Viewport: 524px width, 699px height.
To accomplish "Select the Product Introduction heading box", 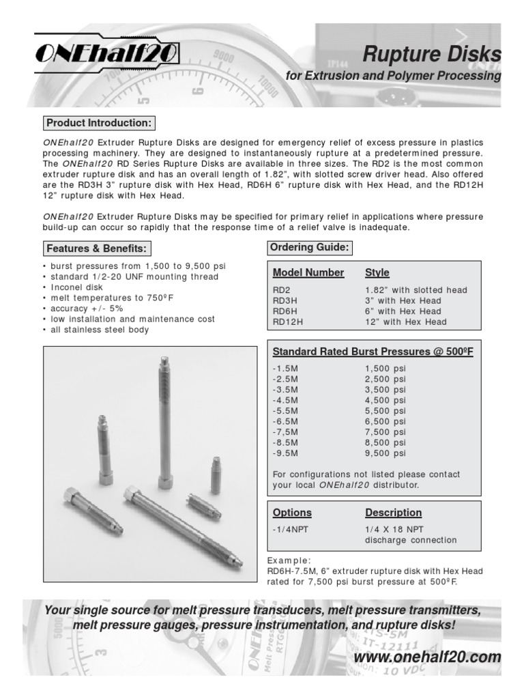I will click(x=99, y=124).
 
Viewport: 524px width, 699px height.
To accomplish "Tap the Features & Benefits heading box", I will click(x=96, y=248).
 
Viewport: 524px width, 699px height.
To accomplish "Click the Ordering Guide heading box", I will click(x=309, y=248).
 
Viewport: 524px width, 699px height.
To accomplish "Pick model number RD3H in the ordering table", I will click(x=285, y=300).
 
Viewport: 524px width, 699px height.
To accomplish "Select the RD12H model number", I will click(x=287, y=322).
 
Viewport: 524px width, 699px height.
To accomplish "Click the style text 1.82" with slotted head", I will click(x=416, y=290).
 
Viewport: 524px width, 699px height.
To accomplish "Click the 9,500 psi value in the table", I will click(x=385, y=453).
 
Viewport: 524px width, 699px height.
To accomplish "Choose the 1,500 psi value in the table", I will click(x=385, y=368).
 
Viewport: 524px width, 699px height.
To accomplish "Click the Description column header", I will click(x=393, y=513).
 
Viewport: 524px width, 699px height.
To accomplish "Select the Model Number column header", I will click(x=308, y=273).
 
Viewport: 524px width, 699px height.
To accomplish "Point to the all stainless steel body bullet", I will click(x=98, y=330).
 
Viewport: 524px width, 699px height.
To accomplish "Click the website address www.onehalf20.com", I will click(x=428, y=657).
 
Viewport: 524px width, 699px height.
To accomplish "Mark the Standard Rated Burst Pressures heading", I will click(x=373, y=352).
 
